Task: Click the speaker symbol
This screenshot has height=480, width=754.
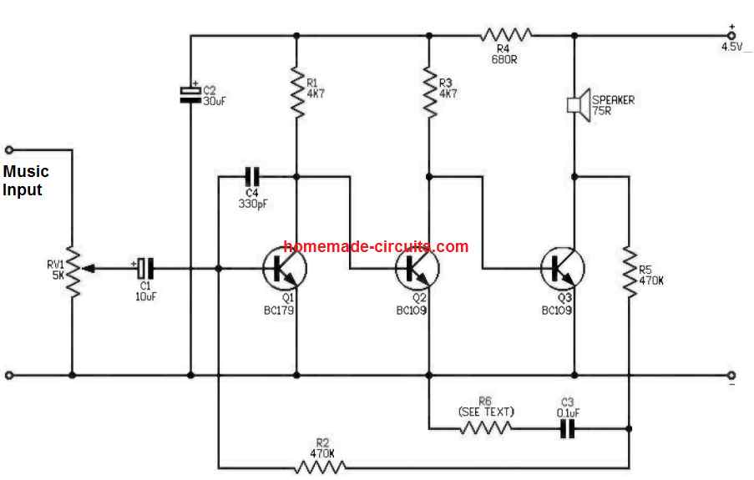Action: tap(577, 104)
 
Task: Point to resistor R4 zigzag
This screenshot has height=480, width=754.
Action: tap(506, 35)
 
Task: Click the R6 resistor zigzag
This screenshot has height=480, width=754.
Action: tap(485, 429)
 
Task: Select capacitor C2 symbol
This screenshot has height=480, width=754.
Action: tap(190, 93)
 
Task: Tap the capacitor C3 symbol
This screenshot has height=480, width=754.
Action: tap(568, 429)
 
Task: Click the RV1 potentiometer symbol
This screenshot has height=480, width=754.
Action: tap(73, 270)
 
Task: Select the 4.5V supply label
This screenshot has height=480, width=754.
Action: tap(732, 47)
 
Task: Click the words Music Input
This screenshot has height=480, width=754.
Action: tap(26, 180)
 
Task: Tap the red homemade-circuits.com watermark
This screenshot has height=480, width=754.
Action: tap(376, 246)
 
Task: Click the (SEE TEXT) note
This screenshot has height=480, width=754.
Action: tap(486, 412)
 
